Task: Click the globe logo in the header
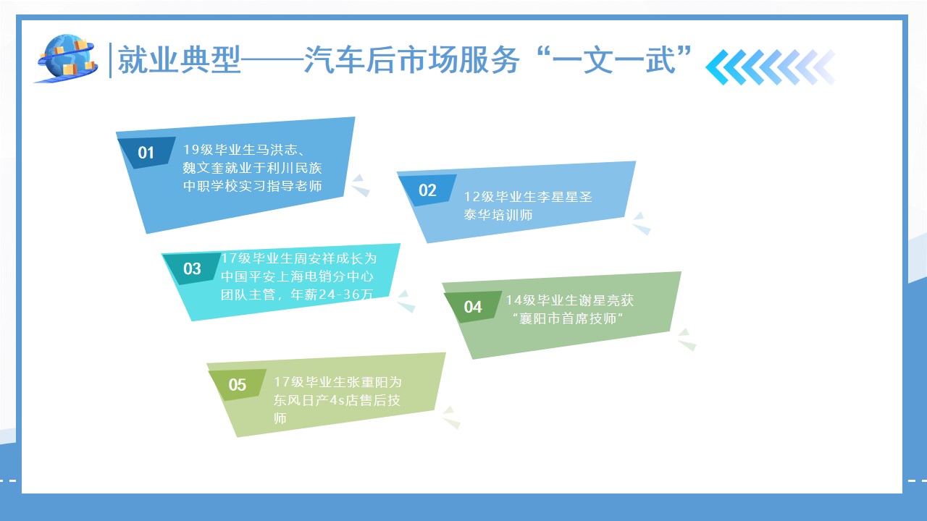point(66,59)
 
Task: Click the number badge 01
point(146,152)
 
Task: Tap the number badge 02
point(427,190)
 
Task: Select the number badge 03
point(192,268)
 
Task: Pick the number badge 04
point(473,307)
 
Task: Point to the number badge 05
point(237,384)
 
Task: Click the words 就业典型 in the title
point(179,60)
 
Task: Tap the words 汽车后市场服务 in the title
point(411,60)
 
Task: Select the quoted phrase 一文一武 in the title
point(613,60)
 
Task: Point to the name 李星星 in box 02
point(558,196)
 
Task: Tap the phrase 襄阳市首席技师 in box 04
point(568,318)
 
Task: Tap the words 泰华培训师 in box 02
point(498,215)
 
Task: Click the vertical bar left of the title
point(110,60)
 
